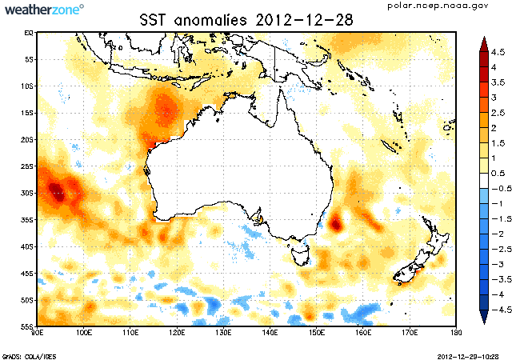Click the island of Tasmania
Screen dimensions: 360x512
pos(301,256)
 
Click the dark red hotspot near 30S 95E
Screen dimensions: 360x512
pos(56,190)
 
